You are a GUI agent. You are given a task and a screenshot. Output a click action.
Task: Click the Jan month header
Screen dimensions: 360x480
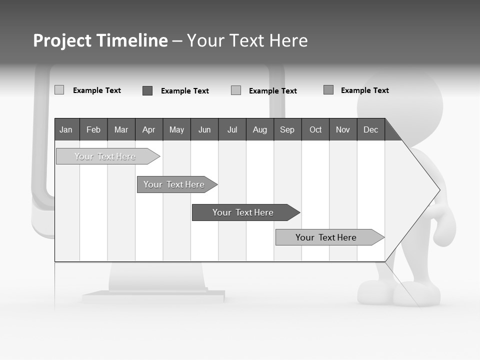coord(66,129)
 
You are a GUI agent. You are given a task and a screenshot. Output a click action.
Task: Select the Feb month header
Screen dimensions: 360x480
coord(93,129)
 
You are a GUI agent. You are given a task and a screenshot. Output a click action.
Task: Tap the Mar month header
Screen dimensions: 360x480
coord(121,129)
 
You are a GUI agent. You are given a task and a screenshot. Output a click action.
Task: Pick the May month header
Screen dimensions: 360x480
coord(176,129)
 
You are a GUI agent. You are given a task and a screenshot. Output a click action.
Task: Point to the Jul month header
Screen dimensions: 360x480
coord(232,129)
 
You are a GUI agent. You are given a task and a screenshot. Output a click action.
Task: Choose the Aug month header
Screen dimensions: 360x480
coord(260,129)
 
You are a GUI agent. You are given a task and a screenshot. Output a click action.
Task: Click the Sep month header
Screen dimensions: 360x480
coord(287,129)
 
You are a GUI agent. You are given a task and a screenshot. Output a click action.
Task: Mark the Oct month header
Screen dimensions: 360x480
coord(315,129)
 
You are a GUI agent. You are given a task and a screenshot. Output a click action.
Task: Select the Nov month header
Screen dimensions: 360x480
coord(343,129)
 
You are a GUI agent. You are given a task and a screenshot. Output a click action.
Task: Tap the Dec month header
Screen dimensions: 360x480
coord(370,129)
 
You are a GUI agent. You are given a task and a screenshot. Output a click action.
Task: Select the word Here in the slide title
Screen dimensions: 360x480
coord(288,40)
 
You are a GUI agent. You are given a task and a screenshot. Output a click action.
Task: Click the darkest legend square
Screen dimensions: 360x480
coord(147,90)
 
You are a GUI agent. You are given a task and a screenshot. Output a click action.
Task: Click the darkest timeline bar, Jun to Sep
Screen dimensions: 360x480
coord(243,212)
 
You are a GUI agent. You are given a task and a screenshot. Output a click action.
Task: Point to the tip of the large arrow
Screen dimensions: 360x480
coord(438,190)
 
